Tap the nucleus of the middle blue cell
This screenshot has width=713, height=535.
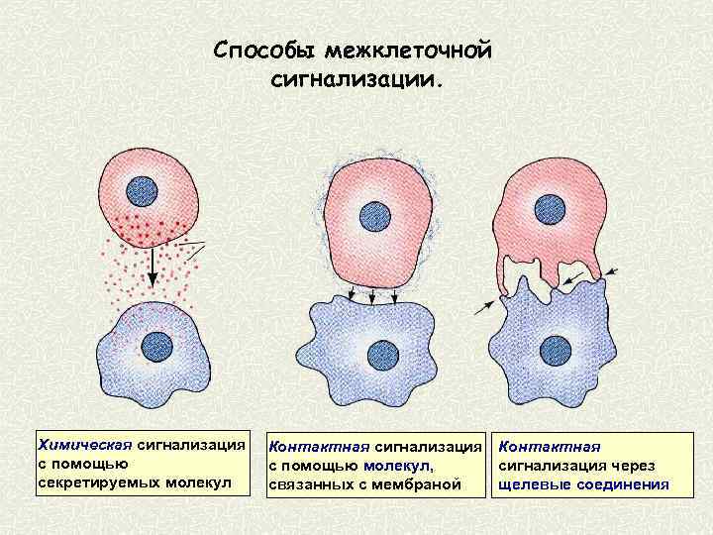click(381, 355)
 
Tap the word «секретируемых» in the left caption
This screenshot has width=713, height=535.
click(90, 481)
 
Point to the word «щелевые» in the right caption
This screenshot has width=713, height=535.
click(534, 483)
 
